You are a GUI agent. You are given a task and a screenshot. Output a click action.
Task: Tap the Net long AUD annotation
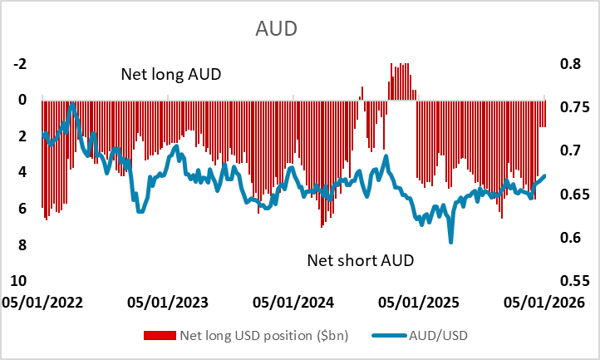click(x=171, y=74)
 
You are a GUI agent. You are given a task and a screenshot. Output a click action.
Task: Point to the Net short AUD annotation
click(x=361, y=260)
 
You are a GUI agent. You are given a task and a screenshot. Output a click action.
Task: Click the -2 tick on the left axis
click(x=22, y=63)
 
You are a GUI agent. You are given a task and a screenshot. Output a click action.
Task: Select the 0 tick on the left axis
click(x=23, y=100)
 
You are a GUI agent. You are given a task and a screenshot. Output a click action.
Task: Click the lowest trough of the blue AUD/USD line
click(x=451, y=242)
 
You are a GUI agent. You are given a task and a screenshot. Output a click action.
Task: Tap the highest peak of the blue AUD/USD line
click(x=72, y=104)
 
